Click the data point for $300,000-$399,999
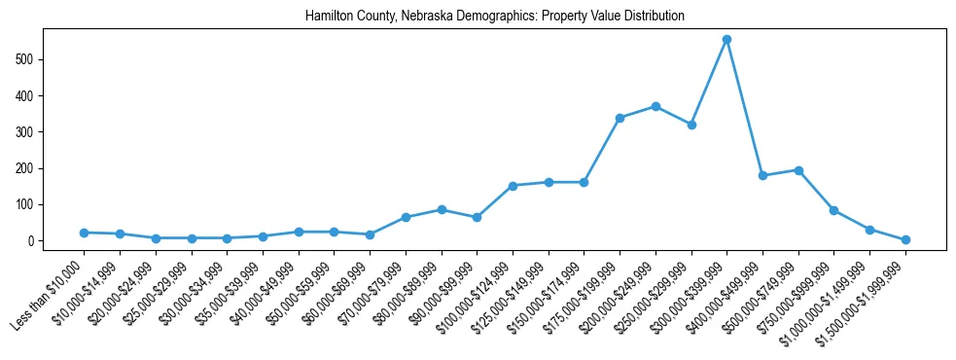coord(726,40)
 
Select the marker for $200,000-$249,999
coord(655,106)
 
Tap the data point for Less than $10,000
coord(84,233)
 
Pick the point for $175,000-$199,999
coord(620,118)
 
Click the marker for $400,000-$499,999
coord(762,175)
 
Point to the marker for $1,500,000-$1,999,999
coord(905,239)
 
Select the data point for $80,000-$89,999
coord(442,209)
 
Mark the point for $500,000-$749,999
coord(798,170)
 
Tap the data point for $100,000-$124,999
coord(513,186)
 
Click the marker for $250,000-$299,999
coord(691,125)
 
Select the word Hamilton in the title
coord(327,17)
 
